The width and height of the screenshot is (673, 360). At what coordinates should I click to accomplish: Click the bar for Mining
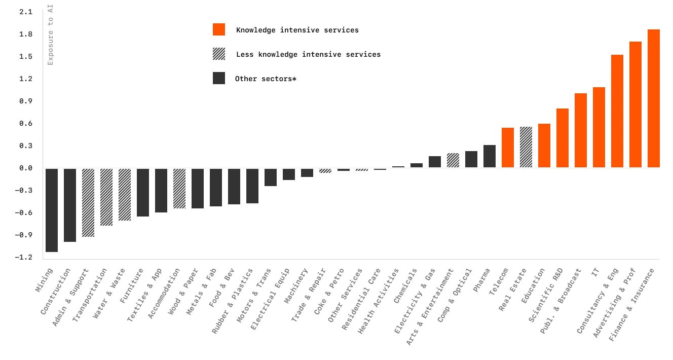tap(52, 209)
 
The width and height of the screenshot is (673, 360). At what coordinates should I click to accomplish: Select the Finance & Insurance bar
tap(654, 98)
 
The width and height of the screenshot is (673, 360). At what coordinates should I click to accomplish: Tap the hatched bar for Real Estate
tap(526, 147)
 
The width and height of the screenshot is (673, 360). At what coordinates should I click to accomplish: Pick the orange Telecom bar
tap(508, 148)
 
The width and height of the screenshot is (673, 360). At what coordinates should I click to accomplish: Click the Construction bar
tap(70, 205)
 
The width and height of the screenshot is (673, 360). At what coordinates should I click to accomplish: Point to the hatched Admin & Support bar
tap(88, 202)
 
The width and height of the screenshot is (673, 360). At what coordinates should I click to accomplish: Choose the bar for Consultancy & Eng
tap(617, 111)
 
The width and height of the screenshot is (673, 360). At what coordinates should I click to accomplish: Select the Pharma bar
tap(490, 156)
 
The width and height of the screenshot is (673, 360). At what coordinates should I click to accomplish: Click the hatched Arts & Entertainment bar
tap(453, 160)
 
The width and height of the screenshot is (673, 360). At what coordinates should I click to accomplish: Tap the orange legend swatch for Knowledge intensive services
tap(219, 29)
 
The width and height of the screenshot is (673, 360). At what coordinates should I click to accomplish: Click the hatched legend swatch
tap(219, 54)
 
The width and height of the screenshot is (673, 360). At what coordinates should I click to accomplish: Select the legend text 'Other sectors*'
tap(265, 79)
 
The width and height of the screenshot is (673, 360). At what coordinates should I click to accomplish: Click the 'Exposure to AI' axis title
tap(50, 34)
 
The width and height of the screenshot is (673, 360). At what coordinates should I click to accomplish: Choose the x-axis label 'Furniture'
tap(132, 286)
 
